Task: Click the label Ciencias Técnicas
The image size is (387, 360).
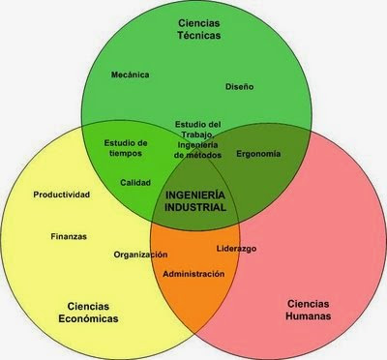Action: coord(197,27)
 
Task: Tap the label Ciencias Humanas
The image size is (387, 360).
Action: coord(310,310)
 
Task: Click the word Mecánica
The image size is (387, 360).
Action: coord(131,74)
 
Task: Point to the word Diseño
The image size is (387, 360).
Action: coord(239,87)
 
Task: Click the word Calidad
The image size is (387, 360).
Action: coord(134,182)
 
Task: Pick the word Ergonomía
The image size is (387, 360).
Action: coord(258,154)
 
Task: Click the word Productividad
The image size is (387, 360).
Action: coord(61,195)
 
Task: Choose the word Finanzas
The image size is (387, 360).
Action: coord(70,235)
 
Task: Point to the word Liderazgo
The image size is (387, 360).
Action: coord(236,248)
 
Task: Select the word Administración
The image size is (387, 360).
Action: coord(193,274)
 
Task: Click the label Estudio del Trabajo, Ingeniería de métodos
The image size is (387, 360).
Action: coord(198,138)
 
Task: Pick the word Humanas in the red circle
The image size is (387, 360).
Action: coord(310,316)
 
